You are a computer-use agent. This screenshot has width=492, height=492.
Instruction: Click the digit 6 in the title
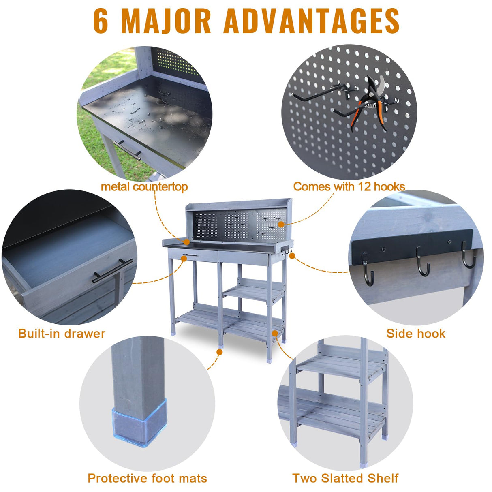tap(101, 21)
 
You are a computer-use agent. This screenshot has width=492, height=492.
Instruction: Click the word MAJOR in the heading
tap(166, 21)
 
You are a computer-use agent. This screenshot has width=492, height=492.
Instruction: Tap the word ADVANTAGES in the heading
tap(311, 21)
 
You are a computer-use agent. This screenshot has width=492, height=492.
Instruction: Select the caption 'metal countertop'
tap(144, 187)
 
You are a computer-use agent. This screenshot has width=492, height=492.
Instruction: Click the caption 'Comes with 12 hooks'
tap(349, 187)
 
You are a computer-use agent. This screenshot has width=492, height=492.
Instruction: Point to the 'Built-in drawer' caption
tap(62, 334)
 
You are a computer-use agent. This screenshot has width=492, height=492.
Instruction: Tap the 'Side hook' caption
tap(416, 334)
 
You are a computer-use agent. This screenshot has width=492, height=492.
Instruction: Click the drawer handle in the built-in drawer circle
tap(113, 271)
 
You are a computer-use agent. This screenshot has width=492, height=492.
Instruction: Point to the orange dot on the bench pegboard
tap(281, 225)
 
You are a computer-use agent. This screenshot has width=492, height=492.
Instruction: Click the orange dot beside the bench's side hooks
tap(292, 256)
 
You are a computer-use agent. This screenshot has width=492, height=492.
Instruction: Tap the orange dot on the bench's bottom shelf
tap(275, 334)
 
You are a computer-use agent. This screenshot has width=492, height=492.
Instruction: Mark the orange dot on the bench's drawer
tap(184, 259)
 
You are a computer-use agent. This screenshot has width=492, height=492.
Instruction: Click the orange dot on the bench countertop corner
tap(187, 242)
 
